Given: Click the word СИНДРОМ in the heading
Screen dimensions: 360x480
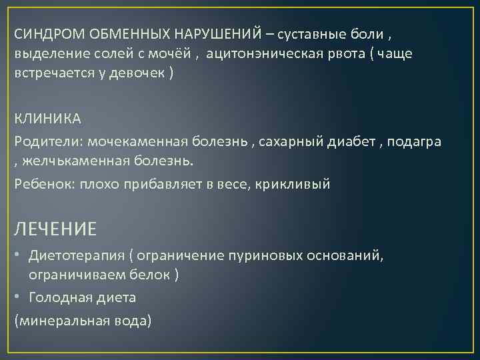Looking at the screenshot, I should pyautogui.click(x=43, y=34).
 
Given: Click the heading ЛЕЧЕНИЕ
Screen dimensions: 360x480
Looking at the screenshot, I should pyautogui.click(x=56, y=229).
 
